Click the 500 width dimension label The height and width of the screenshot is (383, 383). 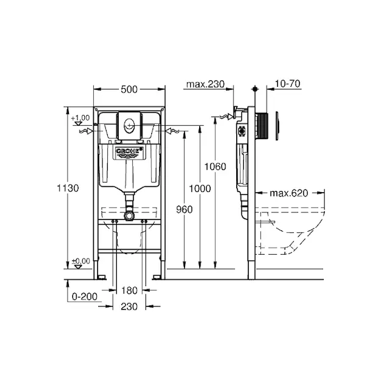pos(129,89)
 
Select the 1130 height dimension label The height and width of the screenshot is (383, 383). pos(68,188)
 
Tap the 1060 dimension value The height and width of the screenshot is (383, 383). pos(215,167)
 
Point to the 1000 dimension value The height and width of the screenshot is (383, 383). pos(200,188)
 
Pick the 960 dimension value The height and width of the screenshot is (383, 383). pos(184,209)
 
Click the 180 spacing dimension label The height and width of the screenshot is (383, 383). pos(129,290)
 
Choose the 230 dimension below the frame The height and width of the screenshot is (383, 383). pos(129,306)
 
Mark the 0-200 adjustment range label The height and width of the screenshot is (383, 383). pos(84,297)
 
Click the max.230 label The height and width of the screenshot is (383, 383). pos(205,84)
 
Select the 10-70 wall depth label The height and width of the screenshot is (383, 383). pos(287,84)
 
